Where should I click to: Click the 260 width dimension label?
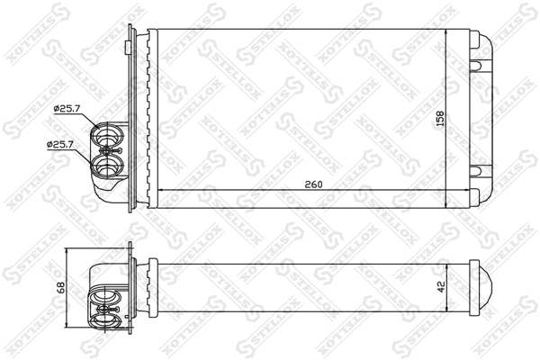point(312,184)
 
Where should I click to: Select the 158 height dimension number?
point(441,117)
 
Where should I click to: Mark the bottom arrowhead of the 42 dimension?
point(448,309)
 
